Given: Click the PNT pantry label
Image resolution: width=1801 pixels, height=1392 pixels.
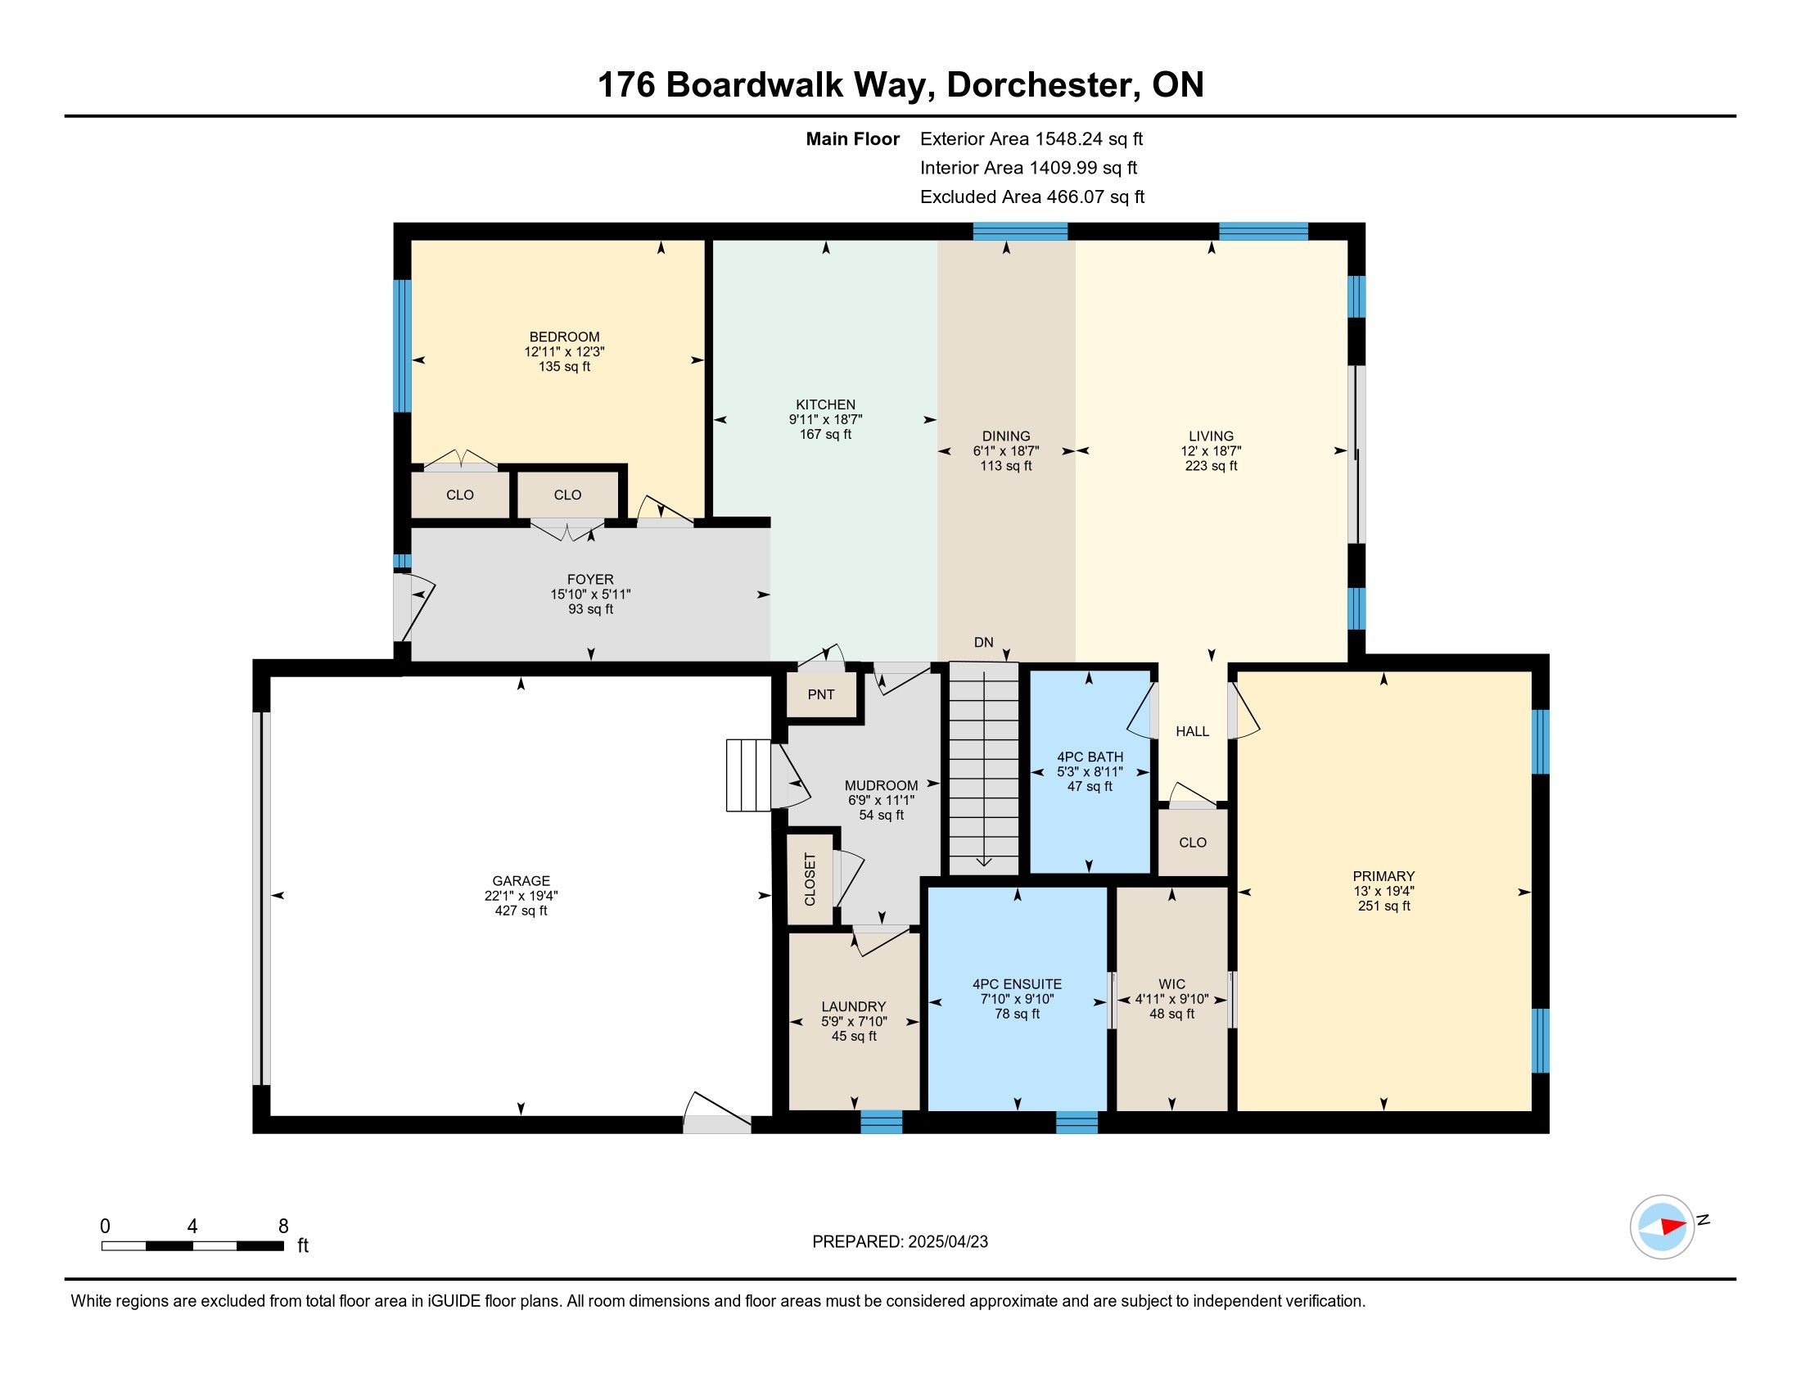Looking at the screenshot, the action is click(820, 694).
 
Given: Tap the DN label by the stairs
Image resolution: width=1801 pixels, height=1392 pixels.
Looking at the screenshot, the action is click(983, 643).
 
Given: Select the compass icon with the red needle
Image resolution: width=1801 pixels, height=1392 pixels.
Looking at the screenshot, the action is click(1662, 1227).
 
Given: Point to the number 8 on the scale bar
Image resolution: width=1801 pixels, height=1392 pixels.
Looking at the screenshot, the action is click(284, 1226).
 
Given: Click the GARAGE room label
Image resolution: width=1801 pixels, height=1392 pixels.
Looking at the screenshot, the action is click(521, 881).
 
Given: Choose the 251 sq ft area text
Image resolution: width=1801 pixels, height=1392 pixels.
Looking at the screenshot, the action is click(1383, 906).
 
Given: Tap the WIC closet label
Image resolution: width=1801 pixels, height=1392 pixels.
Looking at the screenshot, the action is click(1171, 983).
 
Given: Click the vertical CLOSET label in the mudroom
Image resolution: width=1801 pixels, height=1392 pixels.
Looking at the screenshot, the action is click(809, 879).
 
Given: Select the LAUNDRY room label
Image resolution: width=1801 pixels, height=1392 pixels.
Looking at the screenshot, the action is click(854, 1006).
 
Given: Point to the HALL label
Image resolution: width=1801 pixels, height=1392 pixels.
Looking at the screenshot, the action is click(1193, 731).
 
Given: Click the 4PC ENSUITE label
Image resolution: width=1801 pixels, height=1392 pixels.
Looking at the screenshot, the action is click(1017, 983).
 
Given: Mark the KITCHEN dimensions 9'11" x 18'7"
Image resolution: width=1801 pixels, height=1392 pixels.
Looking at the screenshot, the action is click(825, 419).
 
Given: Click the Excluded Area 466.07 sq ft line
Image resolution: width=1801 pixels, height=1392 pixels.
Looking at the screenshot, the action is click(1032, 197).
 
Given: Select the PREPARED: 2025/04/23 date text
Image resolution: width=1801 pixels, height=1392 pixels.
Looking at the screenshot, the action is click(900, 1241).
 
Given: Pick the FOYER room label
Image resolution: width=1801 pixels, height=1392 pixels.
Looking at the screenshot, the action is click(590, 579).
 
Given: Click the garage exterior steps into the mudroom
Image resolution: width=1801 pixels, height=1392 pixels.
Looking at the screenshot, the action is click(748, 775).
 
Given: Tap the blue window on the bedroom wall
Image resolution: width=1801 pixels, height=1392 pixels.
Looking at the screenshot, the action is click(402, 346).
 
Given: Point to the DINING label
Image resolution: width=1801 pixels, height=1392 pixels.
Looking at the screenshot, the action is click(1006, 436).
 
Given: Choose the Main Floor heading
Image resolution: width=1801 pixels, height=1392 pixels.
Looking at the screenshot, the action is click(853, 138).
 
